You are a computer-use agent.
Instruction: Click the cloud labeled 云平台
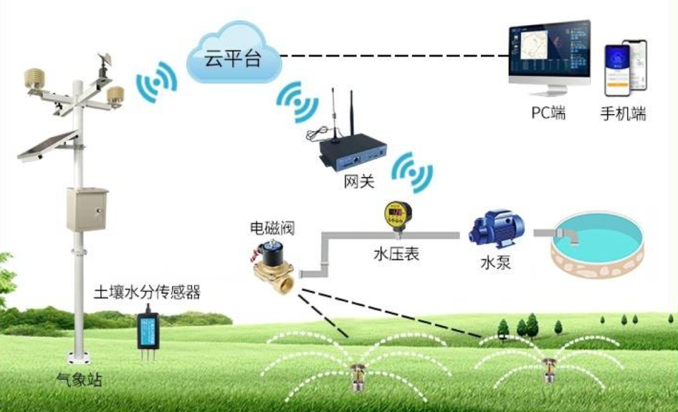click(233, 57)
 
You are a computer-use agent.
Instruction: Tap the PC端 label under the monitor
click(548, 114)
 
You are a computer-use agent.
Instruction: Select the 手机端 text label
click(623, 114)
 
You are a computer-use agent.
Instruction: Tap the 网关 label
click(359, 182)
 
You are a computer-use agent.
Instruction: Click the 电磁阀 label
click(272, 228)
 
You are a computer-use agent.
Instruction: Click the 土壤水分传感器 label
click(147, 292)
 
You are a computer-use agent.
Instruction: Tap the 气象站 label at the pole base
click(78, 379)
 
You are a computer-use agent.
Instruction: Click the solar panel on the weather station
click(47, 146)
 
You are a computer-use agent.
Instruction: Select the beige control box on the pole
click(87, 209)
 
